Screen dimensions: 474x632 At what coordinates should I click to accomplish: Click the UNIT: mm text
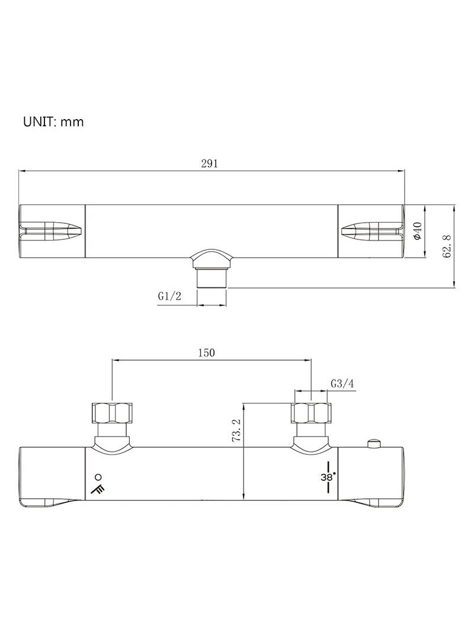coord(53,122)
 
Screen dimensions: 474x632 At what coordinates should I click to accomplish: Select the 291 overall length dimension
coord(209,163)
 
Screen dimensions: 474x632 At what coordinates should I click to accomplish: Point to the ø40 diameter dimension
coord(418,232)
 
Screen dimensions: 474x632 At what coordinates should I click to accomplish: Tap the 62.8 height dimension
coord(447,247)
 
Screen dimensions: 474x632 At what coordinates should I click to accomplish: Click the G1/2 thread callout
coord(169,296)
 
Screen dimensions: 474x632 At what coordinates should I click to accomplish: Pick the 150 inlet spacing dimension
coord(206,353)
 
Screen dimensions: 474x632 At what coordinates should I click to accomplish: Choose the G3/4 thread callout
coord(342,384)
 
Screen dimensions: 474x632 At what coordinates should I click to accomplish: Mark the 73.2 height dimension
coord(236,431)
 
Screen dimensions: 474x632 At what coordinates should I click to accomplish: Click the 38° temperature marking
coord(328,477)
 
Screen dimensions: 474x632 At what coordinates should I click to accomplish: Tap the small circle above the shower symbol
coord(98,477)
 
